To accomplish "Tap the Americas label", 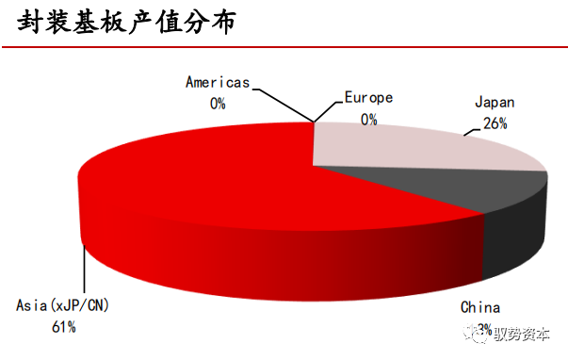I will (x=218, y=82).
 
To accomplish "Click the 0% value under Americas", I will (x=218, y=103).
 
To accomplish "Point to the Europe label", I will (x=368, y=97).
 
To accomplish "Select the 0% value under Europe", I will (x=368, y=119).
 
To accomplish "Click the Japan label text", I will (x=495, y=101).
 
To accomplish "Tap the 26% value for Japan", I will (x=495, y=123).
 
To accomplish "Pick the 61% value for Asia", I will (x=63, y=327).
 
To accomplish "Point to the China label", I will (x=479, y=307).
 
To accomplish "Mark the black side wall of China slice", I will (x=513, y=236).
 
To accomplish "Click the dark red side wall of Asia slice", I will (x=283, y=259).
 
